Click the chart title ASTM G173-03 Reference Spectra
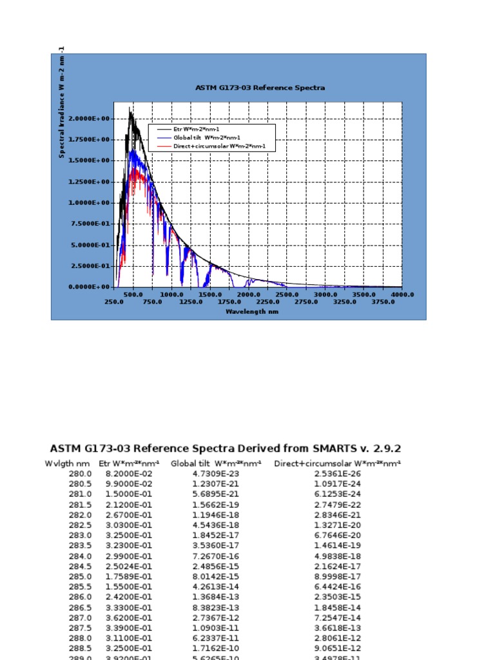(260, 88)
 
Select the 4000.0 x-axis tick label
(402, 294)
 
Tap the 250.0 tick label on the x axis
(114, 301)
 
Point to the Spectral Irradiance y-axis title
(62, 103)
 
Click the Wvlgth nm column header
(67, 463)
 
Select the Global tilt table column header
(216, 463)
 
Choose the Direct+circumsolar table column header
(337, 463)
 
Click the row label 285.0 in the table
(80, 576)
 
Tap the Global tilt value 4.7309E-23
(216, 474)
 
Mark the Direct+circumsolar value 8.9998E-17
(337, 576)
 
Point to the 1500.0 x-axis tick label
(210, 294)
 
